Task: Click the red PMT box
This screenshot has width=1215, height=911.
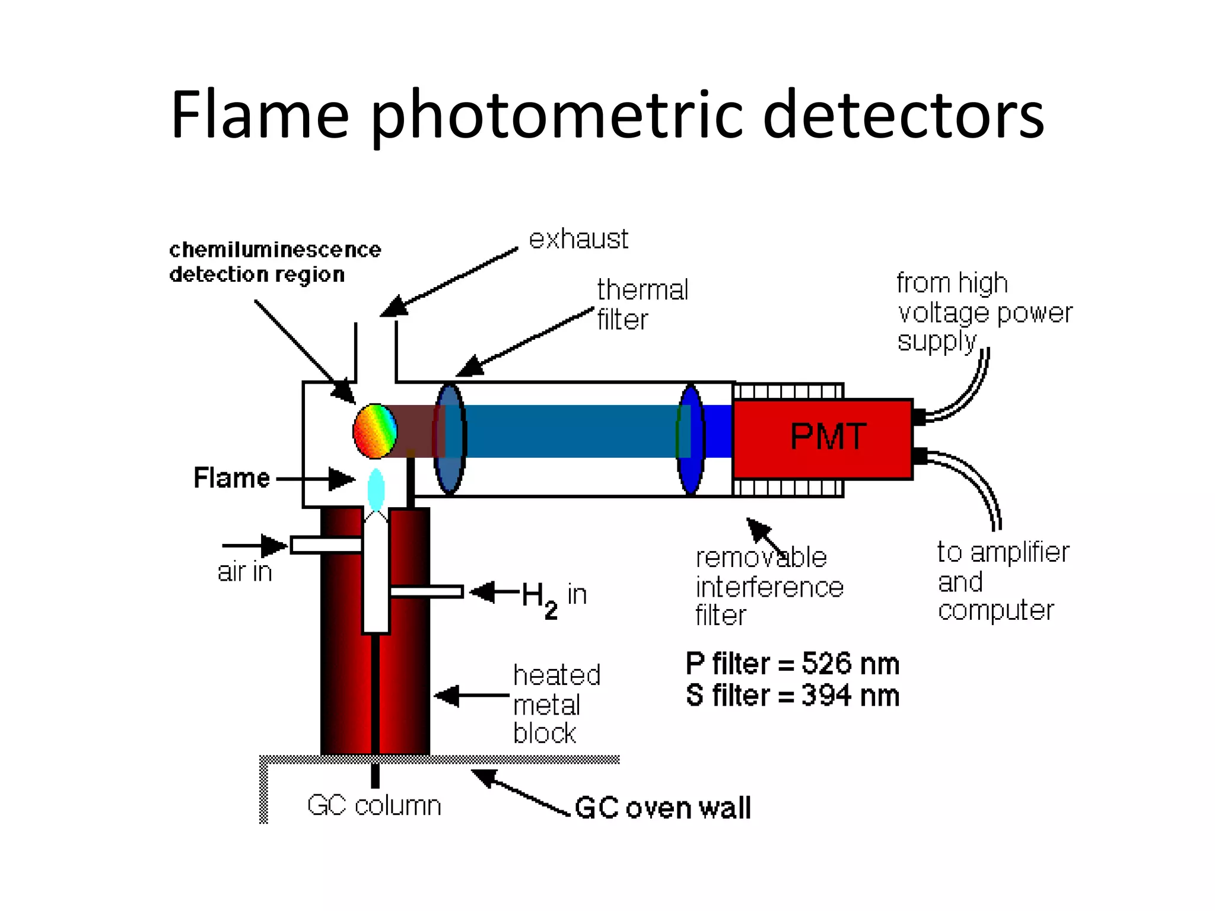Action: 822,439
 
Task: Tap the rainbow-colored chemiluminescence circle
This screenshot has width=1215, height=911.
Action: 374,431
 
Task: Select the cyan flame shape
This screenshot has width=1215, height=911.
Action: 376,489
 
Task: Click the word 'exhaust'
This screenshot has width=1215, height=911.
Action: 578,240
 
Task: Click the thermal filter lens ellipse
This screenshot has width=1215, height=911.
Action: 450,439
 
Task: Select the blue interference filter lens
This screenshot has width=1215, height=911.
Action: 691,439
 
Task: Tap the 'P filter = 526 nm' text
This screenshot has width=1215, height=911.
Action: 792,664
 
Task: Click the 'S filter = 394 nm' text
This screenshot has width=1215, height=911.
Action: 792,696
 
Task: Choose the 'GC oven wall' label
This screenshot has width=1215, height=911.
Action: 663,808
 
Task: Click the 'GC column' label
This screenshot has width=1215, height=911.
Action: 374,805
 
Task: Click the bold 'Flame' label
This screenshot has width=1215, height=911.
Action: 231,478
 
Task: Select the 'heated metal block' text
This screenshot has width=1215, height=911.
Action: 556,704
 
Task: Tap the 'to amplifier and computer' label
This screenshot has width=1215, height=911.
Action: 1002,581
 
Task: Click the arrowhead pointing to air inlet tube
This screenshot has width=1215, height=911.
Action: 274,546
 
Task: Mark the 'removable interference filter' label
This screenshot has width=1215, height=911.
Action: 769,587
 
